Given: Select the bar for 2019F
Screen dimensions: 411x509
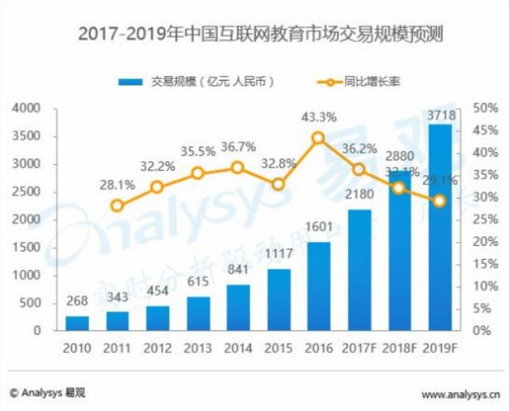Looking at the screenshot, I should pos(439,227).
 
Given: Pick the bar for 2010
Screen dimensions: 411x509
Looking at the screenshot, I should pos(77,323).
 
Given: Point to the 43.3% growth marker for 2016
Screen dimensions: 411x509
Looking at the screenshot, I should pos(318,138).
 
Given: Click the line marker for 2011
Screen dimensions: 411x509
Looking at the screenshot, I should pos(117,206).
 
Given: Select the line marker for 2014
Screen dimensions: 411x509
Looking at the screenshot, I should pos(238,168).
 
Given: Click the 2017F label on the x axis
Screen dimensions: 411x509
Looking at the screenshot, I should pos(359,348).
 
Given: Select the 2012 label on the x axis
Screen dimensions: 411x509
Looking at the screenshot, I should pos(157,348).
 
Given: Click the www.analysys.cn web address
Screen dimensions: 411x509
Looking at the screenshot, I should pos(460,394).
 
